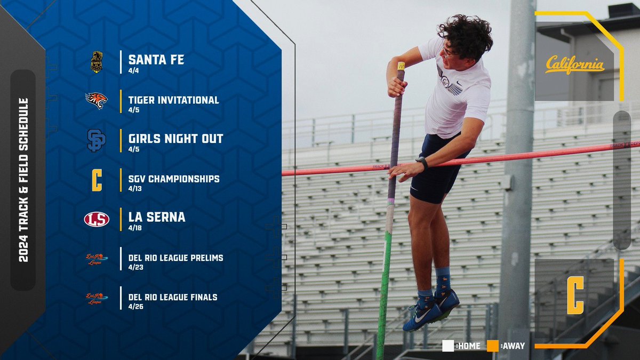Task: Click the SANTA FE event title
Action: (x=156, y=59)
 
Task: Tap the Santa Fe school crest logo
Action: (x=97, y=62)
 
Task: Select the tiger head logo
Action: (x=97, y=100)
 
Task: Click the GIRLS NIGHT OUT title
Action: (x=175, y=139)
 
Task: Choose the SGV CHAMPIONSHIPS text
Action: (x=173, y=179)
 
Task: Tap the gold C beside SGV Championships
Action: (x=97, y=180)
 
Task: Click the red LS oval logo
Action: (x=97, y=219)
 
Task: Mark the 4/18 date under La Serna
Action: (x=134, y=228)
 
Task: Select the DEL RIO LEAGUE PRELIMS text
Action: (x=175, y=258)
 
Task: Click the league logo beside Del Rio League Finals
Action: (x=97, y=298)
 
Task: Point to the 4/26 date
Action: (x=134, y=307)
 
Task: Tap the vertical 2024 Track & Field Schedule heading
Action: (x=23, y=180)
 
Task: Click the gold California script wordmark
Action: (x=574, y=66)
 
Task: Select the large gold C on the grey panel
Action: (x=575, y=295)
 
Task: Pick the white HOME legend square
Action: (x=448, y=346)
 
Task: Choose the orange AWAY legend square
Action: (x=493, y=346)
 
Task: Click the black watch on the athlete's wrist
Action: (x=422, y=162)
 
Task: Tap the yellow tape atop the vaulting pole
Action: (x=401, y=66)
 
